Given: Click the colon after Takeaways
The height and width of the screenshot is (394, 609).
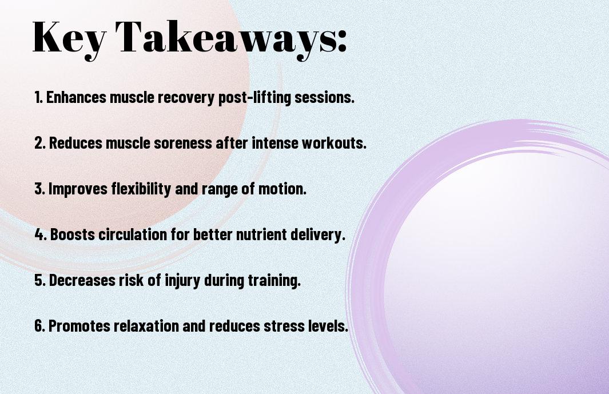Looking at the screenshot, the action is pos(342,41).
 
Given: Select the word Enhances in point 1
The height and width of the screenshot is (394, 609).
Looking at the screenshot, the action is pos(76,97).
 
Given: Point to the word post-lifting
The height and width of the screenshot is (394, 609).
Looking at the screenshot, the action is pos(254,98).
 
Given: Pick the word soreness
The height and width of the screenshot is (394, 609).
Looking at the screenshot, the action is pos(183,143).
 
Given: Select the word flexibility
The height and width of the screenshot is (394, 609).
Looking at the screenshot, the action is pos(141,189).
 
